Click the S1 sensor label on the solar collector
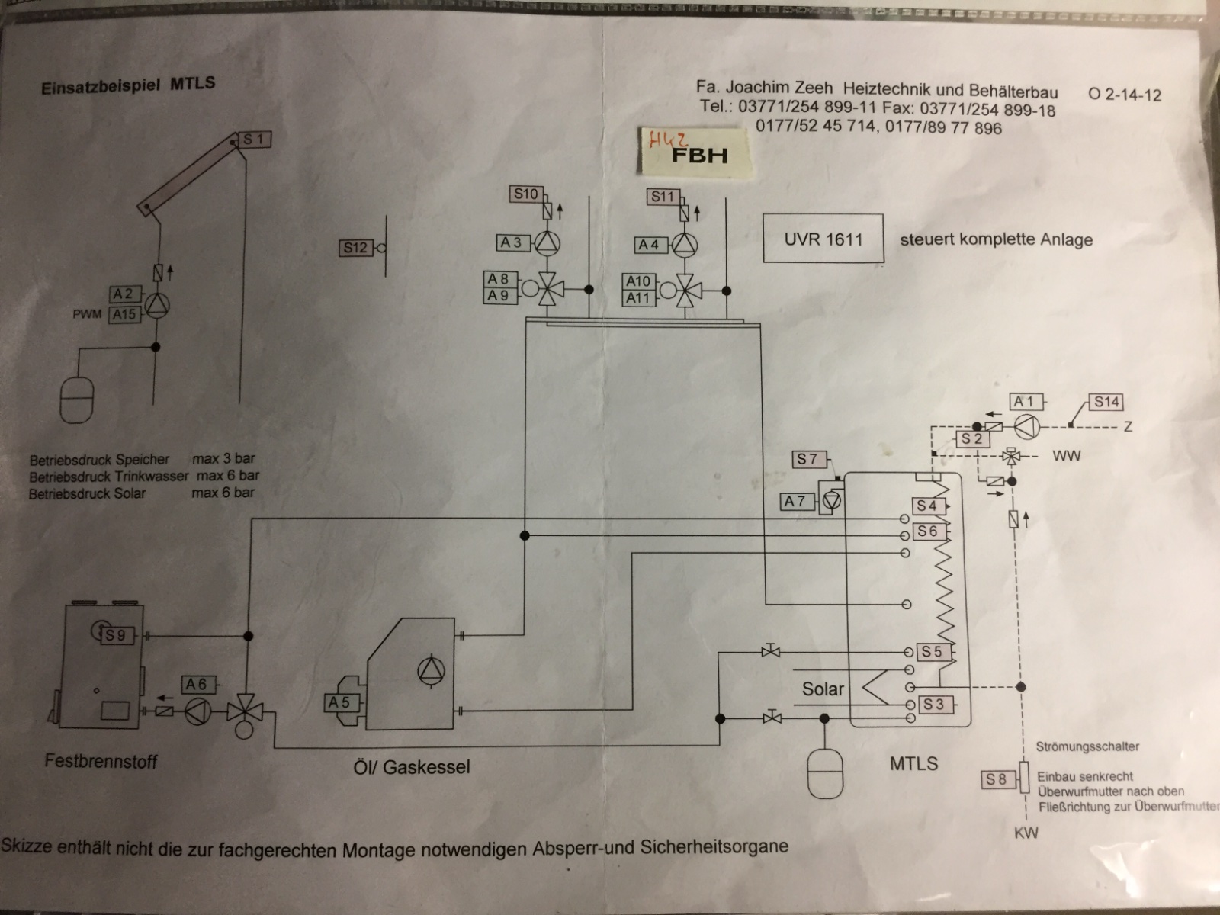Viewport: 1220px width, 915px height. (x=255, y=140)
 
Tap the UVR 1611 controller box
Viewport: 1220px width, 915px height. (x=823, y=239)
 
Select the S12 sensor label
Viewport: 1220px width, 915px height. (x=355, y=248)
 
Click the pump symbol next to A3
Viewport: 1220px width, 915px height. (x=546, y=243)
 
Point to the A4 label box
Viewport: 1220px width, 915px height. (x=650, y=245)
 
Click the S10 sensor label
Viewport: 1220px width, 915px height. (x=525, y=194)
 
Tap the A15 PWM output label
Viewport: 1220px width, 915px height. (x=124, y=313)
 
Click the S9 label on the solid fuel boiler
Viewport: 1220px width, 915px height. (x=116, y=635)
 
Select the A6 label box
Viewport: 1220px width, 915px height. (x=197, y=685)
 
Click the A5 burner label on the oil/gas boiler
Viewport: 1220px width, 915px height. (x=339, y=702)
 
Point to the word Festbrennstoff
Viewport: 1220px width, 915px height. (x=101, y=760)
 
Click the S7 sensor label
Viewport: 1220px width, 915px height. (x=807, y=459)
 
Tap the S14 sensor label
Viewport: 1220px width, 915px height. (x=1106, y=402)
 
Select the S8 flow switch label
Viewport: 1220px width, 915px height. (x=996, y=779)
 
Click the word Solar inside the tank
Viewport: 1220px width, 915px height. (x=823, y=689)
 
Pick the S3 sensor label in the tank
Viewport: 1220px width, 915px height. (x=933, y=705)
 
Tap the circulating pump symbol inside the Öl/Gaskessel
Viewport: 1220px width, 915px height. (x=430, y=669)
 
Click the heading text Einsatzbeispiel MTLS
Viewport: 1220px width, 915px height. (x=128, y=85)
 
